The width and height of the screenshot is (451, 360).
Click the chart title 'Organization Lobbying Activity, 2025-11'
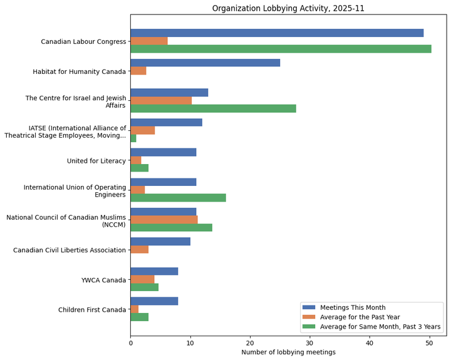[288, 8]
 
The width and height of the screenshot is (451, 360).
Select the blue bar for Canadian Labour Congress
[277, 33]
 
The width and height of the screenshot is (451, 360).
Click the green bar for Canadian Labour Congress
[281, 49]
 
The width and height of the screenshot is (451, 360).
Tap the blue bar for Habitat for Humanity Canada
[205, 63]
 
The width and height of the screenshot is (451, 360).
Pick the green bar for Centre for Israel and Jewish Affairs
[213, 108]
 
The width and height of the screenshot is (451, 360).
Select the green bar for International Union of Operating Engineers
[178, 198]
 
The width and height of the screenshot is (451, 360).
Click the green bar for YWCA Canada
[144, 287]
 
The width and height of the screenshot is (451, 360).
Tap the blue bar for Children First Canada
[154, 301]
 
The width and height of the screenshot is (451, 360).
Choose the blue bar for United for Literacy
[163, 152]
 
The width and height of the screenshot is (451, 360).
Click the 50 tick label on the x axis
[430, 342]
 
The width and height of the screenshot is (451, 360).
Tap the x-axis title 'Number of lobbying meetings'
[288, 352]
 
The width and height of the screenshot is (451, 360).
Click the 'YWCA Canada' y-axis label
[103, 280]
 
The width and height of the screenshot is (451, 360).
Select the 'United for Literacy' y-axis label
[96, 161]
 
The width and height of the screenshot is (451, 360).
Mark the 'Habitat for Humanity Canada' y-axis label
[80, 72]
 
